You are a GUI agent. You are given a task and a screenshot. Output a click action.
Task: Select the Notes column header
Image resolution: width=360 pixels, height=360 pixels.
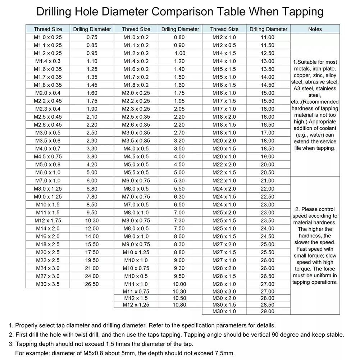click(x=315, y=29)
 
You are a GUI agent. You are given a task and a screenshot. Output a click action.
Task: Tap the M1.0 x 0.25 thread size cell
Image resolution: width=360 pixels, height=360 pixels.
click(x=48, y=37)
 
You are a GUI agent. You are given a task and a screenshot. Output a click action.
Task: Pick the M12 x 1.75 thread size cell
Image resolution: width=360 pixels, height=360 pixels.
click(x=48, y=220)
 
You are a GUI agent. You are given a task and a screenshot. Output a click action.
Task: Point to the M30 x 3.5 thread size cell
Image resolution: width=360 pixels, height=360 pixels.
click(x=48, y=284)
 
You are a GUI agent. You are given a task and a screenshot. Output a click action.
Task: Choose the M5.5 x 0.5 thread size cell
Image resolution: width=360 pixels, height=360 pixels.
click(x=136, y=173)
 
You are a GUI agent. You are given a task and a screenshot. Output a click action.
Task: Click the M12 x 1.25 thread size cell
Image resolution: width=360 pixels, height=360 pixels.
click(x=136, y=305)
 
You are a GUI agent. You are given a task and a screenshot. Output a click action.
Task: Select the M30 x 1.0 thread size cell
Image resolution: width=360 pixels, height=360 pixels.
click(x=224, y=311)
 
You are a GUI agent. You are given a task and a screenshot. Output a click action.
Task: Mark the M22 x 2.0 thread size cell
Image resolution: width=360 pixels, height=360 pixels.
click(x=224, y=165)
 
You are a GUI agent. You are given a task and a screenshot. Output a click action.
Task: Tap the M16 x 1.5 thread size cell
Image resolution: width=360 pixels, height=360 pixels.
click(x=224, y=85)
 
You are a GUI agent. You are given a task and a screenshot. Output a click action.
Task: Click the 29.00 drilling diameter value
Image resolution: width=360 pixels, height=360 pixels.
click(x=268, y=311)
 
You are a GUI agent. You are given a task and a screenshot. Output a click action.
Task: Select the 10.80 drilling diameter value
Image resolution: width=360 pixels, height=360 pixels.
click(x=179, y=305)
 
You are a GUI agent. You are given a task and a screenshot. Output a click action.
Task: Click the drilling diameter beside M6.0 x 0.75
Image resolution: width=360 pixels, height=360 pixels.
click(x=179, y=181)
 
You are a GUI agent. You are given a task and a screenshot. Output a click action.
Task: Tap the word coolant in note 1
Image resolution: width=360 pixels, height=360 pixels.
click(x=328, y=128)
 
